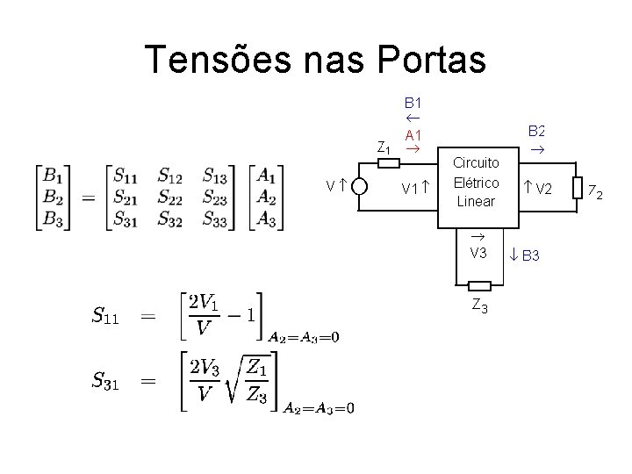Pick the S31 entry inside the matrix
click(x=129, y=219)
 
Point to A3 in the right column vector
click(x=266, y=219)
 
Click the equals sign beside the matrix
click(x=87, y=197)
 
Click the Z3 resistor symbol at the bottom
click(x=479, y=286)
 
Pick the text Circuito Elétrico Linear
click(x=477, y=182)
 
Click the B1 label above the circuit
click(x=413, y=102)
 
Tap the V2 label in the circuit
click(x=543, y=189)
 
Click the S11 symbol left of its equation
click(x=106, y=314)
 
